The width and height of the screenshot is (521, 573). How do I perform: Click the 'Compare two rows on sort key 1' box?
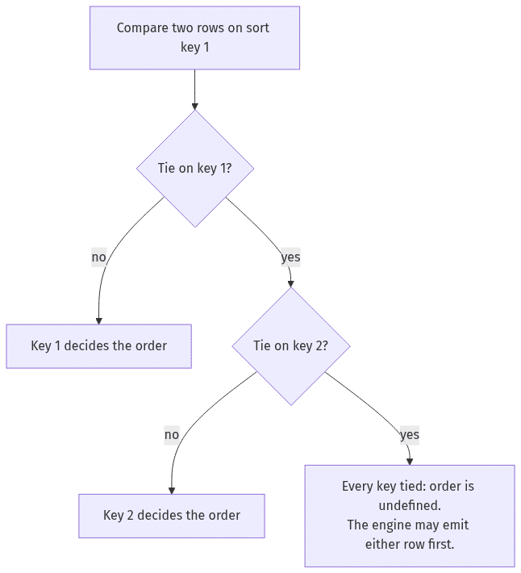tap(194, 38)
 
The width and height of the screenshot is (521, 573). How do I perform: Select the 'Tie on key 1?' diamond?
tap(195, 169)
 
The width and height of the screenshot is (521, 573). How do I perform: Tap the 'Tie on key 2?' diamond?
tap(291, 346)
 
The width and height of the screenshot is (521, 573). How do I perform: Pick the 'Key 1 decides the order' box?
tap(98, 346)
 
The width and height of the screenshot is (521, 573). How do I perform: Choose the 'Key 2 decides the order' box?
tap(172, 516)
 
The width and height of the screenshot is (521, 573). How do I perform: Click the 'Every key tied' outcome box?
tap(410, 516)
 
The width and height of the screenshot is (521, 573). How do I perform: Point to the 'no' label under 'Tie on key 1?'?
tap(98, 257)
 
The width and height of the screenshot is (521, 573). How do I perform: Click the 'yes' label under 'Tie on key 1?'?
tap(290, 257)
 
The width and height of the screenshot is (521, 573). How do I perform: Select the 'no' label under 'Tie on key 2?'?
tap(172, 435)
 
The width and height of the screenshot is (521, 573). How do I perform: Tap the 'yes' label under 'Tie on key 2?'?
tap(410, 435)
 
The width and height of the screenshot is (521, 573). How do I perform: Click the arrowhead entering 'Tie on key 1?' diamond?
tap(195, 107)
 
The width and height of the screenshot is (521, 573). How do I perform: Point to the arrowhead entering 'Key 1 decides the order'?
tap(98, 321)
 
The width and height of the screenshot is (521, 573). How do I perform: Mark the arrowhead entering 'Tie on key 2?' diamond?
tap(291, 284)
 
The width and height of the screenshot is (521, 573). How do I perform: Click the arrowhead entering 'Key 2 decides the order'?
tap(172, 491)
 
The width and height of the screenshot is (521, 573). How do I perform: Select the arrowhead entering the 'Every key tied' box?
tap(410, 462)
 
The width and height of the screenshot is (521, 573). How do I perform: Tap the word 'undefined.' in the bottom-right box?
tap(410, 506)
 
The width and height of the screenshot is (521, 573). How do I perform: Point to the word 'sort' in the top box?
tap(257, 28)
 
